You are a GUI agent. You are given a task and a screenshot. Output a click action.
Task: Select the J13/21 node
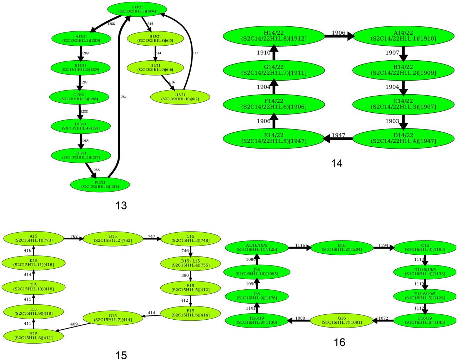tap(180, 97)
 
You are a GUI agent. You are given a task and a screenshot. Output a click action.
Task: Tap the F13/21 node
tap(100, 184)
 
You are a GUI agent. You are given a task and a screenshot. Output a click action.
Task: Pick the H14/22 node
tap(274, 36)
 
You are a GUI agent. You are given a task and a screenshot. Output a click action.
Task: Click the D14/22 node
tap(403, 138)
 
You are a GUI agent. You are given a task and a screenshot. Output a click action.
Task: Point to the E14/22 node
tap(274, 138)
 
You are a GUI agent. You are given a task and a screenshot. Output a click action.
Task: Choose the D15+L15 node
tap(190, 263)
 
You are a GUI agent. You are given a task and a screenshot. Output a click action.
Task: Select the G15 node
tap(113, 318)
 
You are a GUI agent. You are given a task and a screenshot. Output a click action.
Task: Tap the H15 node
tap(33, 335)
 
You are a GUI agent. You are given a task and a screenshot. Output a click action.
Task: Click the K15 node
tap(33, 263)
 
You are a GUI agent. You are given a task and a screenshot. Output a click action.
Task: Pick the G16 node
tap(342, 320)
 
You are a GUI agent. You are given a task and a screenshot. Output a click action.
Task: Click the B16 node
tap(342, 247)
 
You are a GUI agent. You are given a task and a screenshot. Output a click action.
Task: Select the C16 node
tap(425, 247)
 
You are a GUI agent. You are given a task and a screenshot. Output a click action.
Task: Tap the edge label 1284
tap(123, 97)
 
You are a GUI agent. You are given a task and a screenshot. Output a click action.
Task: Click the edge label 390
tap(185, 275)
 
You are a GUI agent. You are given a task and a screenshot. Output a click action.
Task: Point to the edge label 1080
tap(300, 318)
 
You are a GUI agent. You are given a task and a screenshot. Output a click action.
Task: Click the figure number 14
tap(337, 163)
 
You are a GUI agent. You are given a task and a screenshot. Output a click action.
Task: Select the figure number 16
tap(339, 343)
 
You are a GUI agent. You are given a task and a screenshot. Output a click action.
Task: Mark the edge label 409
tap(74, 324)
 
